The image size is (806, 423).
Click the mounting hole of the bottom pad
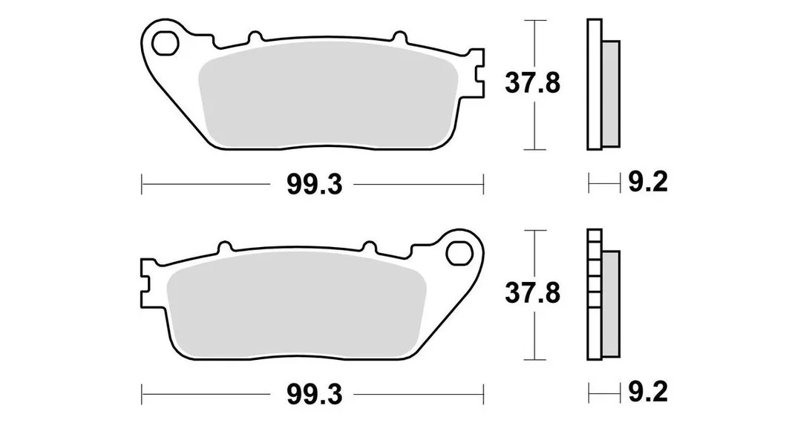click(x=459, y=253)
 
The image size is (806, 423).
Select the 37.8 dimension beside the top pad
click(x=532, y=83)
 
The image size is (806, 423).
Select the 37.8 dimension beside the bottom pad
click(x=532, y=294)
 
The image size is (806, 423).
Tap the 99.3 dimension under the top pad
click(x=314, y=185)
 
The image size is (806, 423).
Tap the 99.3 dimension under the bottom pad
click(x=314, y=395)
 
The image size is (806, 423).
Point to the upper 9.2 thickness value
click(x=648, y=182)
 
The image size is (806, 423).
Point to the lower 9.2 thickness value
click(x=648, y=393)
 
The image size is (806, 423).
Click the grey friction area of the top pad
click(x=328, y=94)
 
